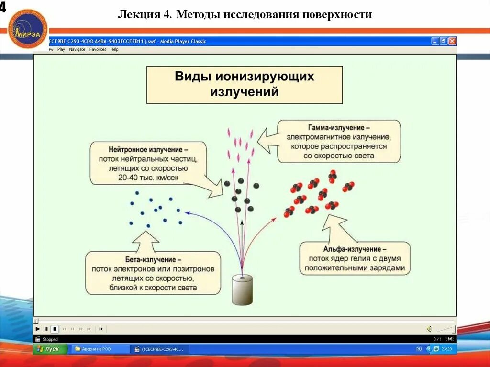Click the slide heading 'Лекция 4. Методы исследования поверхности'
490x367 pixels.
245,14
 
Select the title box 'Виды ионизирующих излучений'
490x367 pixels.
244,84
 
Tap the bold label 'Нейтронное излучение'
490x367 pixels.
148,149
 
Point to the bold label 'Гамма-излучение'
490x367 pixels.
338,128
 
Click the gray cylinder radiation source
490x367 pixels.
242,289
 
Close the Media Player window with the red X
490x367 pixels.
452,41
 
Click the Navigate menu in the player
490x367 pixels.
77,49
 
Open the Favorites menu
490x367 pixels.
98,49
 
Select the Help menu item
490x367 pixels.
114,49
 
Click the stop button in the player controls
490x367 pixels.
55,329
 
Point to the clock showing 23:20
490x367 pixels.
446,349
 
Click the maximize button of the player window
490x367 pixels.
444,41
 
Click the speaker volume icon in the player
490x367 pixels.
429,329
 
